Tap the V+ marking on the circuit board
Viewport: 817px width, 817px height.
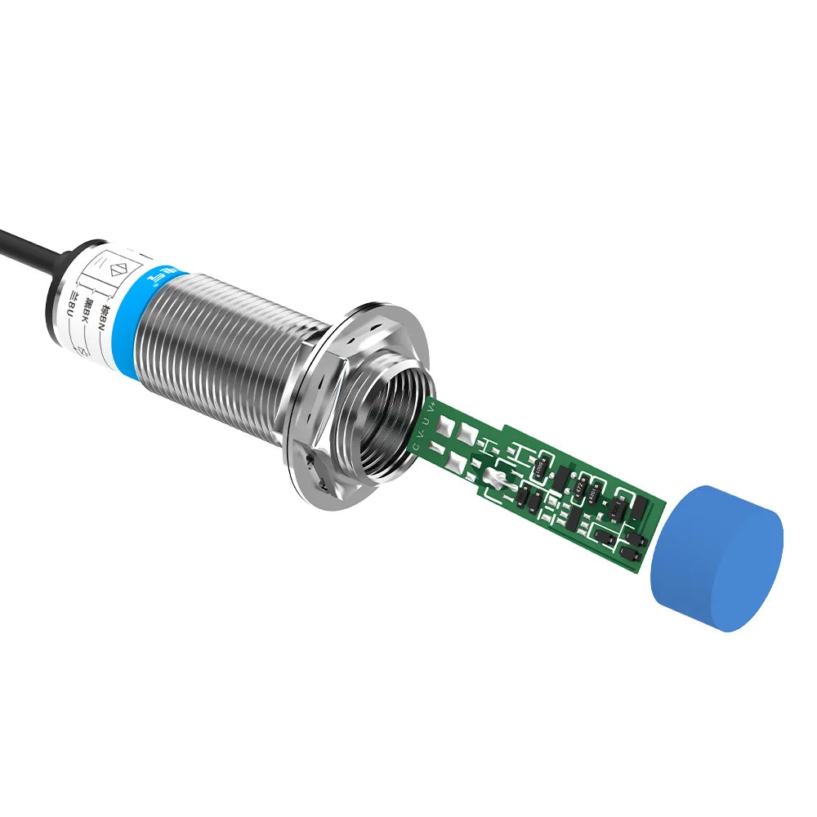point(431,406)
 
